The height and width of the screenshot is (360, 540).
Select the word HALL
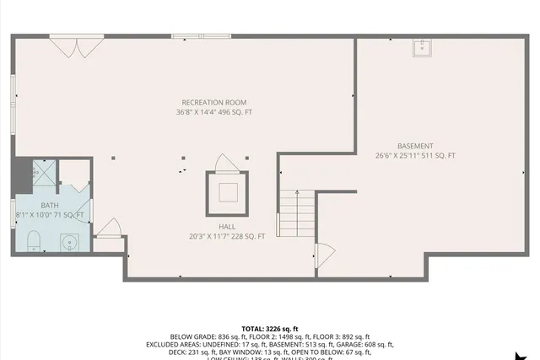point(227,227)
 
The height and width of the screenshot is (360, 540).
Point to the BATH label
point(51,205)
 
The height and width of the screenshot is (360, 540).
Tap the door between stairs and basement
point(324,254)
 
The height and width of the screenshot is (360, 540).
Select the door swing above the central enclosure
point(225,162)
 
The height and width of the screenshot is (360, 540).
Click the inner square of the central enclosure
point(228,191)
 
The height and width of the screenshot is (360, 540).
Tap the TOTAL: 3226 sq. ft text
point(270,328)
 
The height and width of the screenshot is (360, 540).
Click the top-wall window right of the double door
point(200,36)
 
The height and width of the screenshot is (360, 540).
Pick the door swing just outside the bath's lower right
point(110,226)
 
